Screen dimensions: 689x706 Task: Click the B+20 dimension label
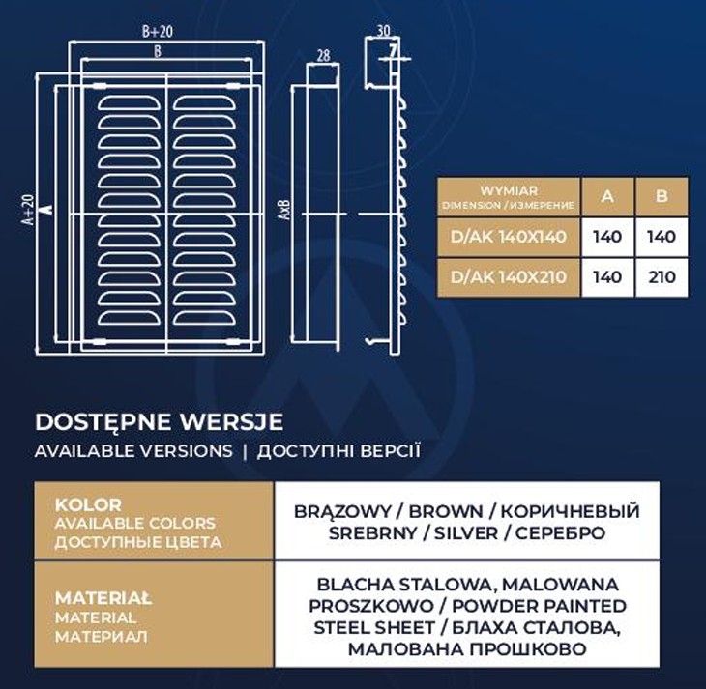pyautogui.click(x=157, y=32)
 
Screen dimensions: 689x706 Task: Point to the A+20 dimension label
pyautogui.click(x=28, y=210)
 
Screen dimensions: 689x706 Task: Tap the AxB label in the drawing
pyautogui.click(x=283, y=210)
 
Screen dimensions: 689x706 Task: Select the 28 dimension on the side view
pyautogui.click(x=322, y=54)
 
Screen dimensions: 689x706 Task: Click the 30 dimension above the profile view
pyautogui.click(x=382, y=29)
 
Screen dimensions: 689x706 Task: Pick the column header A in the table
pyautogui.click(x=607, y=196)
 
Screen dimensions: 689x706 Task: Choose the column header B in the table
pyautogui.click(x=662, y=196)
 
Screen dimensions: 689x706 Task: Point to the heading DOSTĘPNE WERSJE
pyautogui.click(x=159, y=422)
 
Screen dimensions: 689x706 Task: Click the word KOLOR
pyautogui.click(x=88, y=504)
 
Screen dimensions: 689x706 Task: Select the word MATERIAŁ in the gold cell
pyautogui.click(x=103, y=598)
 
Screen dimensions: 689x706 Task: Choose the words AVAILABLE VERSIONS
pyautogui.click(x=133, y=451)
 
